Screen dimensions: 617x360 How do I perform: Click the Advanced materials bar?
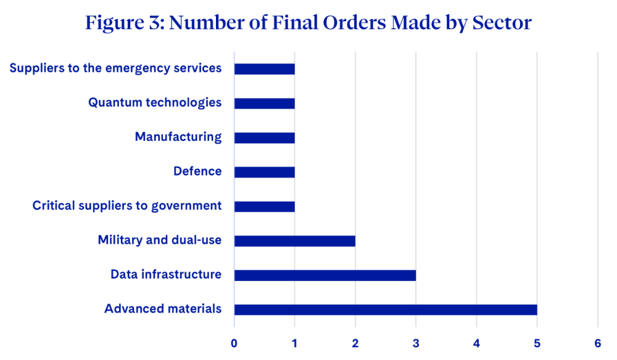pyautogui.click(x=386, y=309)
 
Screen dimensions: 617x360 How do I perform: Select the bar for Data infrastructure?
pyautogui.click(x=325, y=275)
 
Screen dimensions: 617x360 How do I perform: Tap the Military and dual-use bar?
pyautogui.click(x=295, y=241)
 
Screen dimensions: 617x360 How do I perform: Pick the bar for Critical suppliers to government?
pyautogui.click(x=265, y=206)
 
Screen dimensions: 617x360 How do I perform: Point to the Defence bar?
pyautogui.click(x=265, y=172)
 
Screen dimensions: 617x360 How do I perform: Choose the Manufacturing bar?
pyautogui.click(x=265, y=138)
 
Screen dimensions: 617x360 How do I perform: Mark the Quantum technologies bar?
pyautogui.click(x=265, y=103)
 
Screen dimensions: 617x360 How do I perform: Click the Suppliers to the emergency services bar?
pyautogui.click(x=265, y=69)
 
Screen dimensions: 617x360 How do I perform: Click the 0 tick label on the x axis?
pyautogui.click(x=234, y=343)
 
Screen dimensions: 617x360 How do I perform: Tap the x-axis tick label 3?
pyautogui.click(x=416, y=343)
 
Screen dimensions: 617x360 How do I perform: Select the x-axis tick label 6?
pyautogui.click(x=598, y=343)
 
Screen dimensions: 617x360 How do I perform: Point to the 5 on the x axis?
pyautogui.click(x=537, y=343)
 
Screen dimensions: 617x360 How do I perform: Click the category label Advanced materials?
pyautogui.click(x=163, y=308)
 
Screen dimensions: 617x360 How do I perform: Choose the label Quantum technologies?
pyautogui.click(x=155, y=103)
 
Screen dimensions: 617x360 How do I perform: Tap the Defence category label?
pyautogui.click(x=197, y=171)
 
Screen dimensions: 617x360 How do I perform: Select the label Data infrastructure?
pyautogui.click(x=166, y=274)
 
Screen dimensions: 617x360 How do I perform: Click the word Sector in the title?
pyautogui.click(x=502, y=22)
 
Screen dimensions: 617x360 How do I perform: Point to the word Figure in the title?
pyautogui.click(x=115, y=23)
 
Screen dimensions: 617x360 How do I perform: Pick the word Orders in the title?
pyautogui.click(x=354, y=22)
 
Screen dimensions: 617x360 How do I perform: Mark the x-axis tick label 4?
pyautogui.click(x=476, y=343)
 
